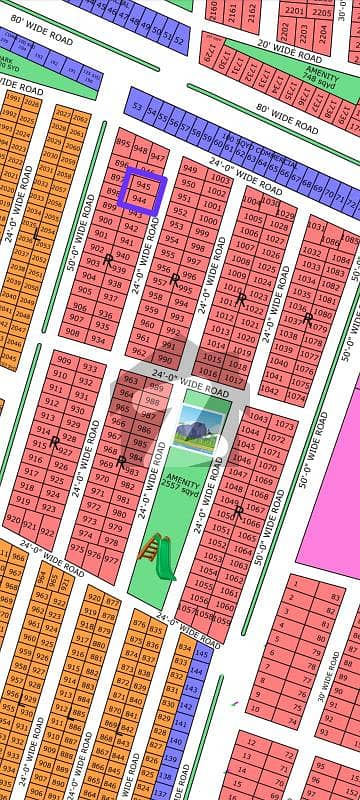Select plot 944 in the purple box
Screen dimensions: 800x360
141,201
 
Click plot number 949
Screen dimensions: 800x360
189,169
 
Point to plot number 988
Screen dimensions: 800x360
152,402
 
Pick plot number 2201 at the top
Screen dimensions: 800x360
294,10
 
